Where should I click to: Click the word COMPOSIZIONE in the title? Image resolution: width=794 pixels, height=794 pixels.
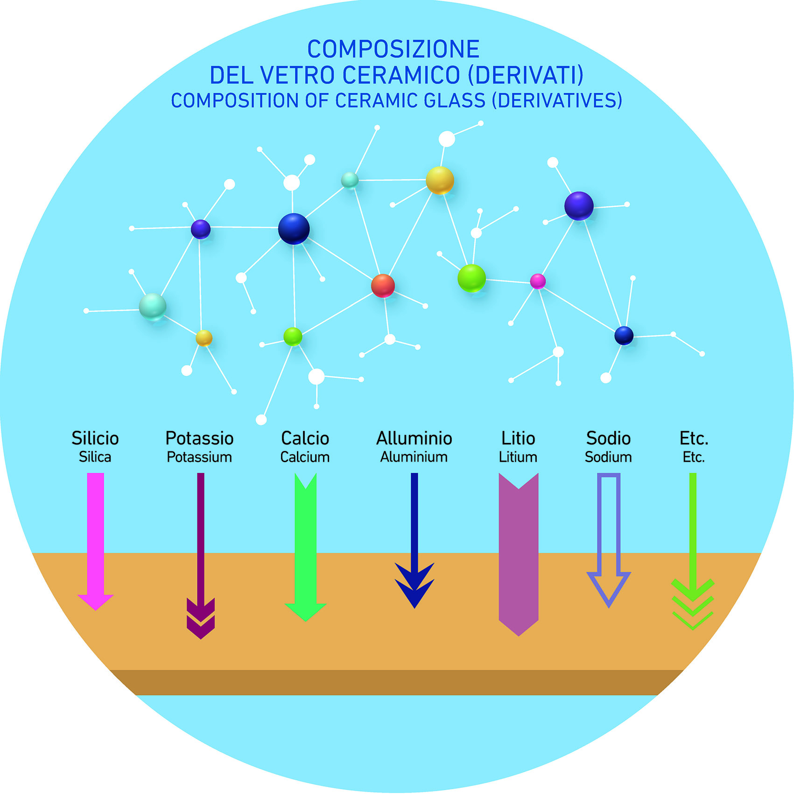[393, 49]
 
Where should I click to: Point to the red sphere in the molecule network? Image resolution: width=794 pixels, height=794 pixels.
[383, 286]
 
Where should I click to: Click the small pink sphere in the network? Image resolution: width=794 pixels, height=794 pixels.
[538, 281]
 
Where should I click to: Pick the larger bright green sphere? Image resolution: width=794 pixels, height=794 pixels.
[471, 278]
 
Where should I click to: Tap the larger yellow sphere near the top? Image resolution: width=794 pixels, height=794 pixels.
[440, 180]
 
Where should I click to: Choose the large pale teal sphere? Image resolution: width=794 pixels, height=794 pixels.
[153, 307]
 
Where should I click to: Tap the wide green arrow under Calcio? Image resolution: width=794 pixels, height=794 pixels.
[306, 546]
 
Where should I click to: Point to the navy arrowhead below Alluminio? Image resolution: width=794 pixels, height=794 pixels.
[415, 586]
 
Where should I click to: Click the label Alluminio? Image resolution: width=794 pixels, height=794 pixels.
[414, 438]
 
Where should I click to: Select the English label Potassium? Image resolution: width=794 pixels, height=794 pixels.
[199, 457]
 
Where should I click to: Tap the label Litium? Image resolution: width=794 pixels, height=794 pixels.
[518, 457]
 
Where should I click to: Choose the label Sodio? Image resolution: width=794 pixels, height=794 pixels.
[608, 438]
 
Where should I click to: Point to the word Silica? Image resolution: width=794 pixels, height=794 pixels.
[95, 457]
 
